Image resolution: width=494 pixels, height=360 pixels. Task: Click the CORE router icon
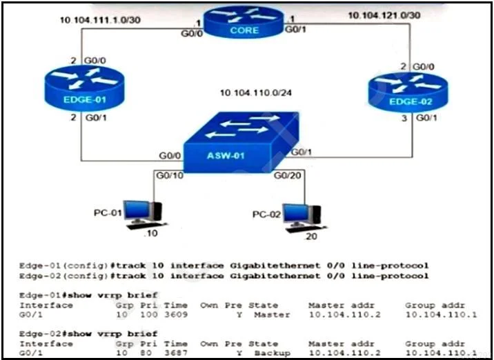tap(244, 22)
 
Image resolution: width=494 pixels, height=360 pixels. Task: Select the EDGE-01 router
tap(84, 88)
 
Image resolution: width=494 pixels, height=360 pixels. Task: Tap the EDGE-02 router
tap(408, 92)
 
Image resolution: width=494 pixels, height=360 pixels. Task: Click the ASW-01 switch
tap(241, 142)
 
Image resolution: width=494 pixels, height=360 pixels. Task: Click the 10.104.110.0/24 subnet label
tap(255, 93)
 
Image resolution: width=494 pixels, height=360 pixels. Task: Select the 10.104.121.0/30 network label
tap(384, 15)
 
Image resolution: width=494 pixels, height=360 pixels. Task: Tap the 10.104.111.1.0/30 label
tap(100, 20)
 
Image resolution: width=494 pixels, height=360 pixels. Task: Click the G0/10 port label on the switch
tap(170, 175)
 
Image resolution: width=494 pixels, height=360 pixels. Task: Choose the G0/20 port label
tap(287, 175)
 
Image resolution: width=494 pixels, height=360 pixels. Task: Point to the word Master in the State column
tap(273, 314)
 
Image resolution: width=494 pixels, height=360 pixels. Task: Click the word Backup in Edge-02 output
tap(273, 353)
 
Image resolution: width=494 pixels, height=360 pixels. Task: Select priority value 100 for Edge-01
tap(149, 314)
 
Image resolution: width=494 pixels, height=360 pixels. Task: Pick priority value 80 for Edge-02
tap(146, 353)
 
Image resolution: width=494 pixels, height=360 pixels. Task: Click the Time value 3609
tap(176, 314)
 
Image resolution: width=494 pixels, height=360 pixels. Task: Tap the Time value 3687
tap(176, 353)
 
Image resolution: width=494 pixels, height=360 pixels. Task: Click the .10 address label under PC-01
tap(150, 233)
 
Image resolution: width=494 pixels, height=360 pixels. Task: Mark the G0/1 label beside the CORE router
tap(295, 29)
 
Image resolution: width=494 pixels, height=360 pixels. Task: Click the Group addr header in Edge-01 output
tap(435, 306)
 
